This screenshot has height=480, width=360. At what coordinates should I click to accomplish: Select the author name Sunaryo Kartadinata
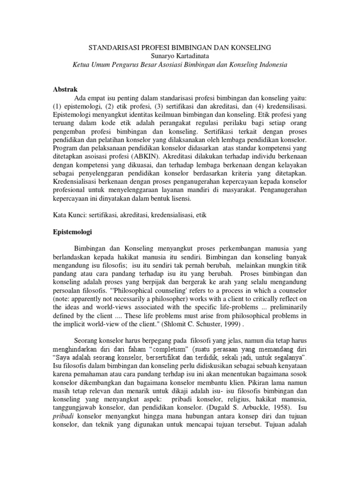click(180, 56)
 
